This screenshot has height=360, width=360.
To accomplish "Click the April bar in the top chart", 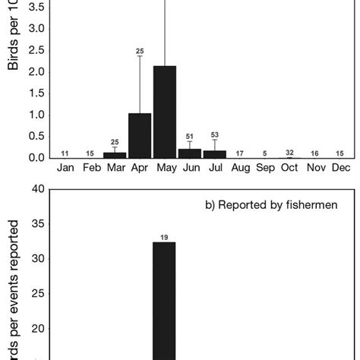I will [x=140, y=135].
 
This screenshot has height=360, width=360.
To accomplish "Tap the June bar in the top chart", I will [x=190, y=153].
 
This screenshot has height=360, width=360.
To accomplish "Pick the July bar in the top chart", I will [x=215, y=154].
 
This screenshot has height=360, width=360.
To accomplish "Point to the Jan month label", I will [x=65, y=167].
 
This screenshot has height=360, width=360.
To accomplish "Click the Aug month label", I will [x=240, y=167].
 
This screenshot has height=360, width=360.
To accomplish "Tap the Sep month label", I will [x=265, y=167].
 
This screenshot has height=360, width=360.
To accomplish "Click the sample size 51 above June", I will [x=190, y=137].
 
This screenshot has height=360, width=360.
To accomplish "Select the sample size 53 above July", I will [x=215, y=135].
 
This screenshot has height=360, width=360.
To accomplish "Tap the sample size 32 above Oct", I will [x=289, y=153].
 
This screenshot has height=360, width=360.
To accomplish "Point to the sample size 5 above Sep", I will [x=265, y=153].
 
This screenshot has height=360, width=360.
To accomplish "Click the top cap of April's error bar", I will [x=140, y=56].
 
